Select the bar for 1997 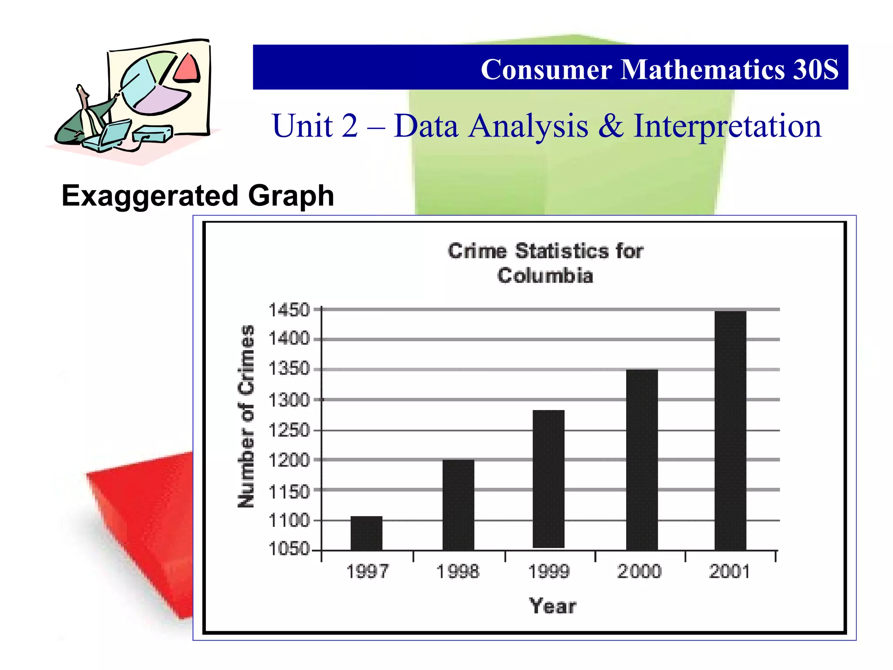point(366,533)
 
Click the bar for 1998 point(458,505)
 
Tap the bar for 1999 point(549,479)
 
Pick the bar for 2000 point(642,459)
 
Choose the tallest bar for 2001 point(730,430)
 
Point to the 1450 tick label point(289,310)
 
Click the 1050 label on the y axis point(289,549)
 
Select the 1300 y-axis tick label point(289,400)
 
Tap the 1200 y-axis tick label point(289,460)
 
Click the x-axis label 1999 point(549,571)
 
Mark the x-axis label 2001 point(729,571)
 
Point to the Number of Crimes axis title point(246,416)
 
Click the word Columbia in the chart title point(545,276)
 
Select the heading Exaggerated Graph point(198,195)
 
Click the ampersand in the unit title point(610,126)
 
